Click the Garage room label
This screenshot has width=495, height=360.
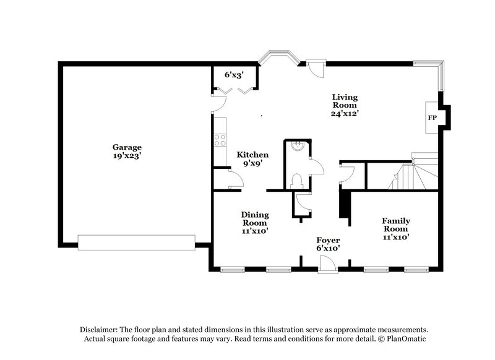(127, 147)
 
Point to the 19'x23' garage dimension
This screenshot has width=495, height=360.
(127, 156)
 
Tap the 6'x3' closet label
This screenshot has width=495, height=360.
(233, 74)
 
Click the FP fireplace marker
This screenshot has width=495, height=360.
(432, 118)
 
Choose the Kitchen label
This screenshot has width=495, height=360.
(253, 155)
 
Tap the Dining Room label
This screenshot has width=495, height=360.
(254, 218)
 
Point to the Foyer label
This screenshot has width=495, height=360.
(328, 239)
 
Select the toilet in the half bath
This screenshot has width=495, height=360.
(296, 180)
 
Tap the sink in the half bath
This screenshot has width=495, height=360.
(298, 147)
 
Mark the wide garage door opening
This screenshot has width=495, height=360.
(137, 242)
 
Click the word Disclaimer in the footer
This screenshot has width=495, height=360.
(101, 330)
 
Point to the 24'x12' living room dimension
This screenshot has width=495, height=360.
(345, 114)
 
